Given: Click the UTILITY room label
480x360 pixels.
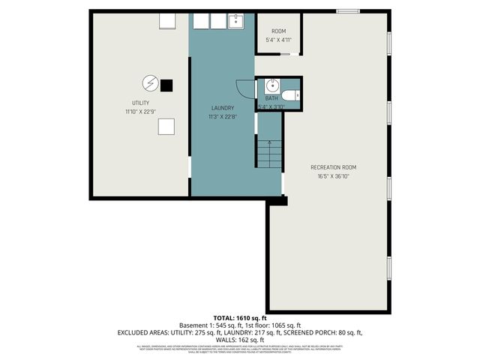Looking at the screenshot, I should point(140,103).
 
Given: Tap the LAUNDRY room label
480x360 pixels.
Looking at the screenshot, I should point(223,108).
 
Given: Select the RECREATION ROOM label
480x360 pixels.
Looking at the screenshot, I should point(333,167).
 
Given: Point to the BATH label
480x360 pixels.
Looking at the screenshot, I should point(271,98).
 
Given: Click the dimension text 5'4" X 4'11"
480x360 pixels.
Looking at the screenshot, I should point(278,40).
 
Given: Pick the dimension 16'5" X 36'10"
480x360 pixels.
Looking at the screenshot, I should point(333,176).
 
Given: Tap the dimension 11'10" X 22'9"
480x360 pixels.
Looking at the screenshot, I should point(140,112).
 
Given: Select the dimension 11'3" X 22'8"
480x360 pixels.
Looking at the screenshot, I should point(223,117).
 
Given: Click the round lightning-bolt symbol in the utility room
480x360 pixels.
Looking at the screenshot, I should point(148,84).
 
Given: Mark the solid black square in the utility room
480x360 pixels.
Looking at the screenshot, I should point(166,84).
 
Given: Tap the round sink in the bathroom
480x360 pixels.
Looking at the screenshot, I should point(271,85).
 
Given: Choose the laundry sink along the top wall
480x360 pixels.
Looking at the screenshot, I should point(235,21).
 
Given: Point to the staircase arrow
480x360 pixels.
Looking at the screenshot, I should point(269,142).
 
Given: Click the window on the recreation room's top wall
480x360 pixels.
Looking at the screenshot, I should point(346,10).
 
